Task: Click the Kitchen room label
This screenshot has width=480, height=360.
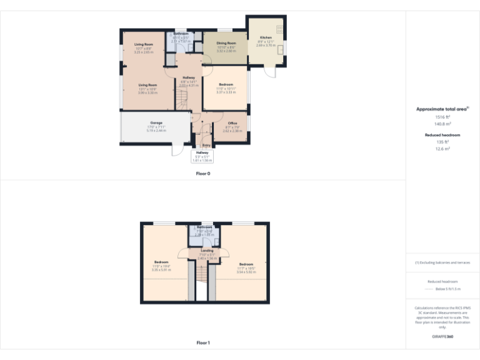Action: click(x=266, y=37)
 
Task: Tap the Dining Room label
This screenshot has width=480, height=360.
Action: click(x=226, y=44)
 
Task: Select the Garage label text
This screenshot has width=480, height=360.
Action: click(x=156, y=122)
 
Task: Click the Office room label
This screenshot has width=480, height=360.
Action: click(x=232, y=123)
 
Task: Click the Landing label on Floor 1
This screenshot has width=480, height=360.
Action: click(x=207, y=251)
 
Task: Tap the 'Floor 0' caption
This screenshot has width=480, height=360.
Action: click(x=203, y=173)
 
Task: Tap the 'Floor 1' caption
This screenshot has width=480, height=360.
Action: click(x=203, y=342)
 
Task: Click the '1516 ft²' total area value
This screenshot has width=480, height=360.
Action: click(x=442, y=117)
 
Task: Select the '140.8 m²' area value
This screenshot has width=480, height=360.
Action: click(x=442, y=124)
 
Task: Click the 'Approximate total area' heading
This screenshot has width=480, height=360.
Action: click(x=441, y=109)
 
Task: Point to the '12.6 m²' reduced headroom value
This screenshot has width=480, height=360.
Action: click(x=442, y=149)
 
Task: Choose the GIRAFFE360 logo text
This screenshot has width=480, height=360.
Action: click(x=442, y=337)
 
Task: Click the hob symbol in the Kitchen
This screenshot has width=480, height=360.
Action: click(x=279, y=29)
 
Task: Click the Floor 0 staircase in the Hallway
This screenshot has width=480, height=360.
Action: click(x=181, y=99)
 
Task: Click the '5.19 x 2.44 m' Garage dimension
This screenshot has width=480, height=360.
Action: click(x=156, y=131)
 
